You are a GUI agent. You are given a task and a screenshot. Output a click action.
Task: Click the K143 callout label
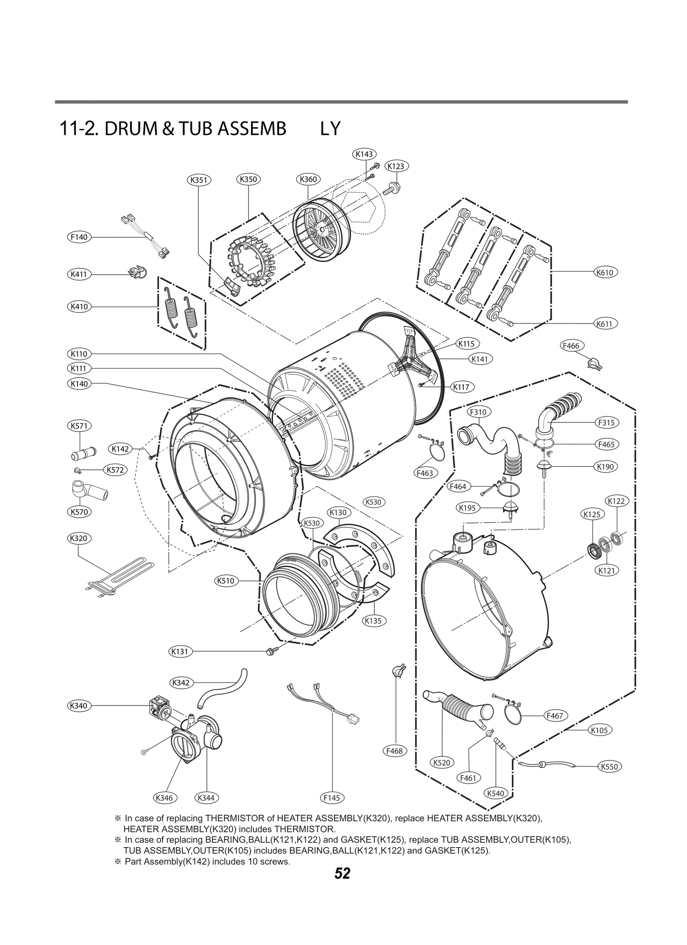(x=364, y=154)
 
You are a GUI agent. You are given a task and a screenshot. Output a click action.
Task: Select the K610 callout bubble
(x=605, y=272)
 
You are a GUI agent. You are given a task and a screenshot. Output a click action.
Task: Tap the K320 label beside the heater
(x=78, y=538)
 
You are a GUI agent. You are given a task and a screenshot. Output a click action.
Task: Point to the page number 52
(x=342, y=873)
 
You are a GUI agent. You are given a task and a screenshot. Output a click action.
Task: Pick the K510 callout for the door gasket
(x=225, y=581)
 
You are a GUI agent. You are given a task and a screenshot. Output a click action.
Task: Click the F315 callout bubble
(x=606, y=422)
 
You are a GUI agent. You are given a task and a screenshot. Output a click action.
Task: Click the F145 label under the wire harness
(x=332, y=798)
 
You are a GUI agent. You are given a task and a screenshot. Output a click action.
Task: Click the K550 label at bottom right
(x=610, y=766)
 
